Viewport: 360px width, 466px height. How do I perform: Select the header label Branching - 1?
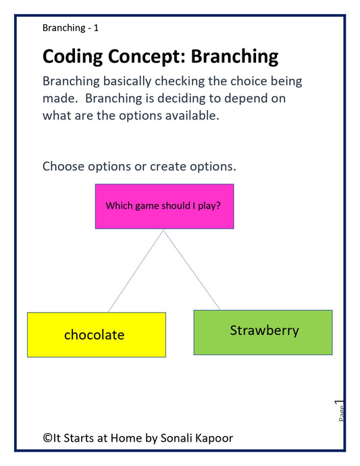tap(70, 28)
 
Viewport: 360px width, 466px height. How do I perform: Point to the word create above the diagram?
tap(173, 166)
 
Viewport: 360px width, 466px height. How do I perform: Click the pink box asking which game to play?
tap(164, 206)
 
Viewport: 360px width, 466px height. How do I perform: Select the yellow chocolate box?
tap(96, 334)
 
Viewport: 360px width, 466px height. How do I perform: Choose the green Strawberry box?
tap(263, 332)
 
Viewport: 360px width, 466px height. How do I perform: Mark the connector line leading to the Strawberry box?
tap(192, 270)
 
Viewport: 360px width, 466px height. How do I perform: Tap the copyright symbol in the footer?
tap(47, 438)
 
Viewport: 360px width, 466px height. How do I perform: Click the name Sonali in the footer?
tap(179, 438)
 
